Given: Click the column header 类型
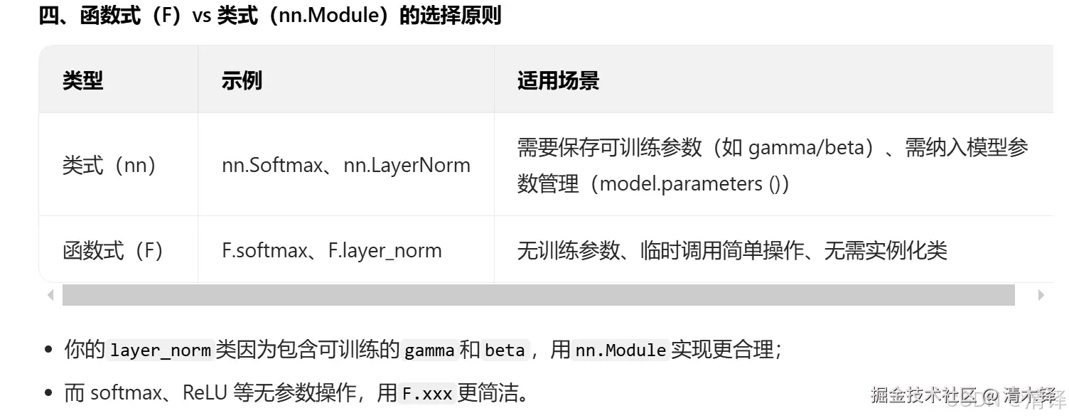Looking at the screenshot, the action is coord(82,80).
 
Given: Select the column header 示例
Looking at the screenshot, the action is coord(242,80).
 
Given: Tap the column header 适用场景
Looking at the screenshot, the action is coord(558,80).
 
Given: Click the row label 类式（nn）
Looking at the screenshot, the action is coord(109,166).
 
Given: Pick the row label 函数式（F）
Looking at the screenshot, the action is coord(113,250).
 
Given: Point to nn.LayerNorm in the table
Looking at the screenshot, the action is coord(407,166).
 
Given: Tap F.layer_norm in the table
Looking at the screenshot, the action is coord(385,250).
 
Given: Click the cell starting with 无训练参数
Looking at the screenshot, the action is coord(732,250).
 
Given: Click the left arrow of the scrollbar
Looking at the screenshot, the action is coord(50,295).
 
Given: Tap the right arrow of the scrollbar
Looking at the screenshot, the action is coord(1041,295).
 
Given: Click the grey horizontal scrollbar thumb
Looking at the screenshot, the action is coord(538,295).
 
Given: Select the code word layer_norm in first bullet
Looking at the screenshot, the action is coord(161,350).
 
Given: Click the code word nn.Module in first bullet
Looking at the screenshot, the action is coord(620,350).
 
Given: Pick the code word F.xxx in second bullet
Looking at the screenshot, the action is coord(427,393).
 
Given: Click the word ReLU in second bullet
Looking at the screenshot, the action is coord(204,393).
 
